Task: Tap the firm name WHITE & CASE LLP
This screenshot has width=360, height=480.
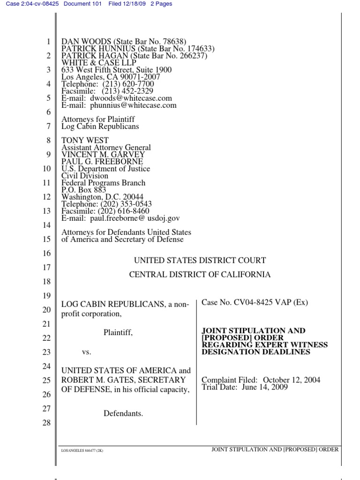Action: point(99,63)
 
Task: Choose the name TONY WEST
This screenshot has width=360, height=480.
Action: point(85,140)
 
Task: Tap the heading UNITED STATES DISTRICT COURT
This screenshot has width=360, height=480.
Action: point(200,260)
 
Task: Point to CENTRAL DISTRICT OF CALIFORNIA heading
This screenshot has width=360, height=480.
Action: point(200,275)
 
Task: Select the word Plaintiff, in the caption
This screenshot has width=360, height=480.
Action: point(118,332)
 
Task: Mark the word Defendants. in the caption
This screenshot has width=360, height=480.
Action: point(123,413)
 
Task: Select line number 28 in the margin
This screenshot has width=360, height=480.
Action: point(46,423)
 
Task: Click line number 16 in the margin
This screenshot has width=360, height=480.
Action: point(46,254)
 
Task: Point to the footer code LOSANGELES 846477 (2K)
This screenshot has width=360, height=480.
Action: point(82,450)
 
